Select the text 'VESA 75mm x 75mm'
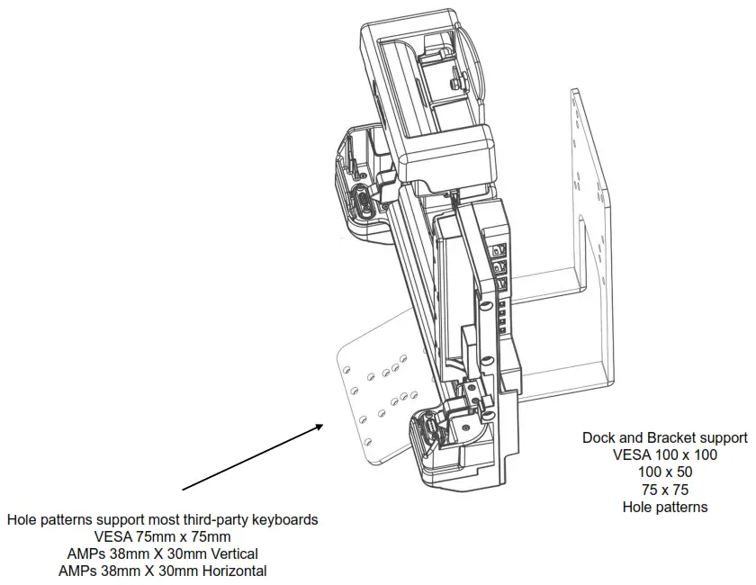tap(163, 537)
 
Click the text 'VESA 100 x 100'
tap(665, 455)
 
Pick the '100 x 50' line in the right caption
tap(665, 472)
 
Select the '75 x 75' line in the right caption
tap(665, 490)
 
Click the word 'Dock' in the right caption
tap(599, 438)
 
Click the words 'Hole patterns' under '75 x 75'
tap(665, 507)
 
